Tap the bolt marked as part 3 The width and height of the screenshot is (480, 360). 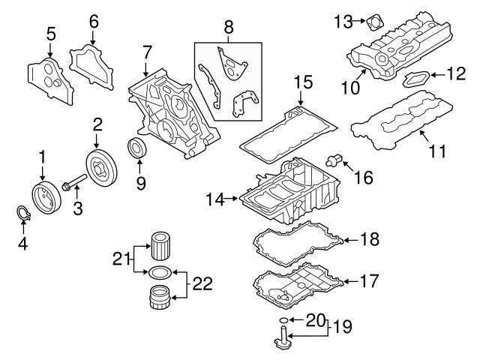pos(73,184)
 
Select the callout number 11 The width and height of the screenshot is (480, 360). pos(436,151)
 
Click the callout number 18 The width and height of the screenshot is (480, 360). pos(369,239)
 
